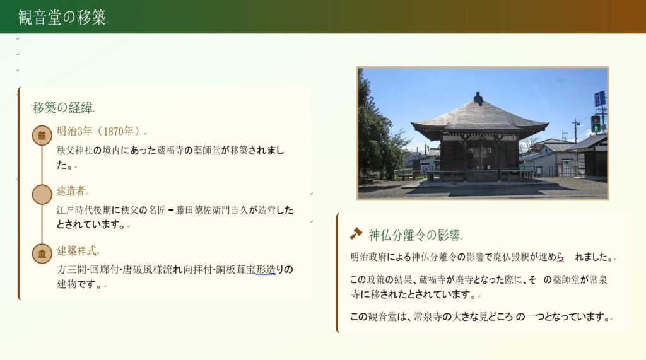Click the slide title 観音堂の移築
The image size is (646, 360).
62,17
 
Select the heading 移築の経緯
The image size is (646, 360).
62,108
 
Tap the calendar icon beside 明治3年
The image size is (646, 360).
42,135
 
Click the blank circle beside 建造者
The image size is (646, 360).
42,194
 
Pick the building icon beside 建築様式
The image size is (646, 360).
42,253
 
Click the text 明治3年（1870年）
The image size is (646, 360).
99,131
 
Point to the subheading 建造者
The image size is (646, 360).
71,190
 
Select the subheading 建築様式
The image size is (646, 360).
76,250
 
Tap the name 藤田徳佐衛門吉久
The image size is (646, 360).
212,210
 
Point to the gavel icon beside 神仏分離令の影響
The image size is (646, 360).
356,233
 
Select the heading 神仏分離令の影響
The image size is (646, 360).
414,235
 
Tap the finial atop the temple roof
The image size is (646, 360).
478,98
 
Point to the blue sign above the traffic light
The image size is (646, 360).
599,99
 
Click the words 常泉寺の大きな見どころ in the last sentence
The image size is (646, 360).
463,316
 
